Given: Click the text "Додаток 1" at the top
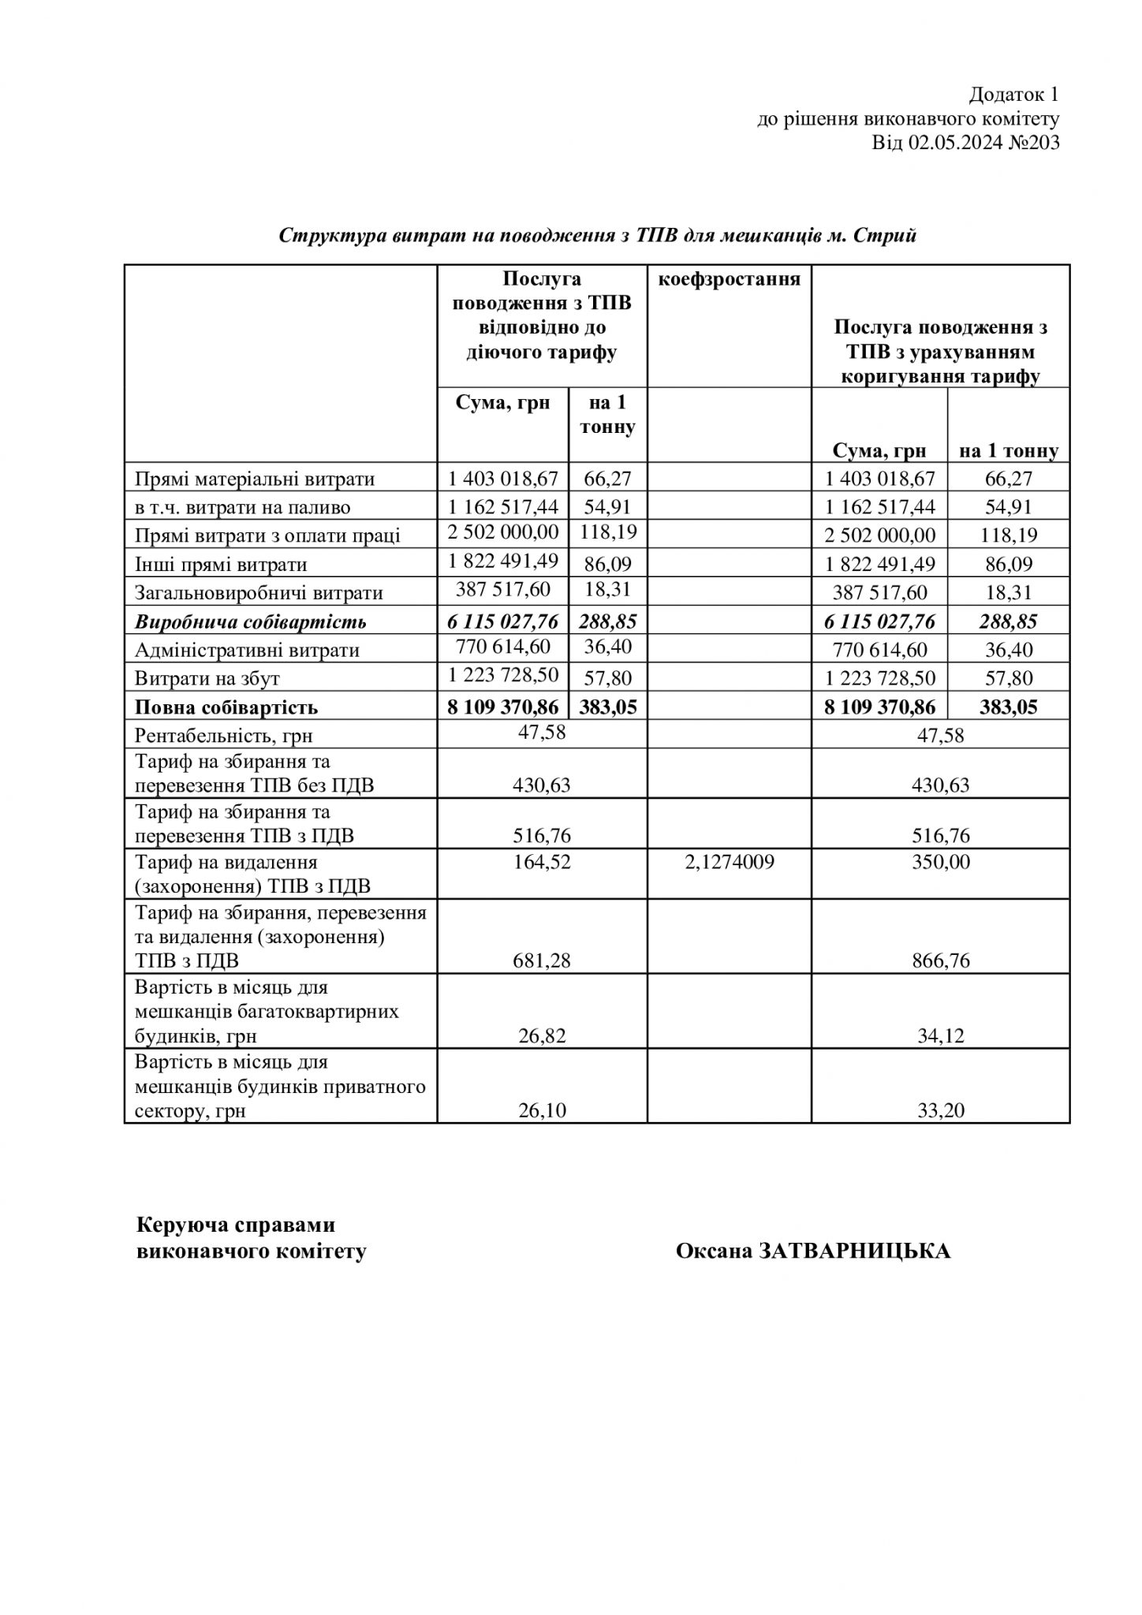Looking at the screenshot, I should (1013, 95).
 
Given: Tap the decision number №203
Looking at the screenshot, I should (1034, 143).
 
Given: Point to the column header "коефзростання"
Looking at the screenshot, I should (729, 279).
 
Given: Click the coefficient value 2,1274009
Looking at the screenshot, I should (729, 862).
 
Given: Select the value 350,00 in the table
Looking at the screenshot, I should (940, 862).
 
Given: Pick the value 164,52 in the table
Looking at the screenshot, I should (543, 862).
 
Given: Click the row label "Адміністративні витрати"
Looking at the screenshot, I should (247, 651).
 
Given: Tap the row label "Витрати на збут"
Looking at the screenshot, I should (207, 679).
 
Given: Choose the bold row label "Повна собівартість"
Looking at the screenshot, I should (226, 707).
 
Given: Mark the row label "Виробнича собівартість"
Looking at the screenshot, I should (251, 622).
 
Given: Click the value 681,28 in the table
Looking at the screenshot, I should (543, 961).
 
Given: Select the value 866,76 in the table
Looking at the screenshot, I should (940, 961).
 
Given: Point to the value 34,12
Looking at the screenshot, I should (940, 1036).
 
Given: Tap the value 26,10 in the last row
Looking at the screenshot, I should (543, 1111).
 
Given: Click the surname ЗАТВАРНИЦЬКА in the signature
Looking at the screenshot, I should (855, 1251).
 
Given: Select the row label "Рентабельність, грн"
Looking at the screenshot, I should (224, 736).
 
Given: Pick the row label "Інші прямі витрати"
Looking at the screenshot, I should (221, 565).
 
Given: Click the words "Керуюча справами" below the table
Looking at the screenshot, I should (236, 1225).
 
